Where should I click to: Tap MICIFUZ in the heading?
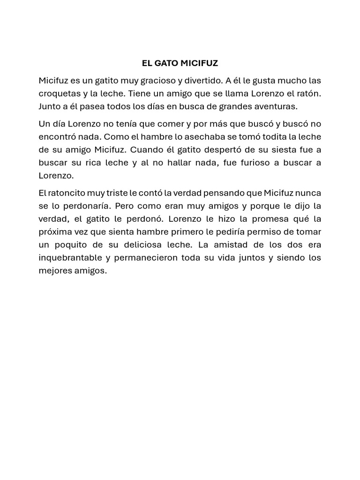199,63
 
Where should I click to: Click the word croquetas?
58,94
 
